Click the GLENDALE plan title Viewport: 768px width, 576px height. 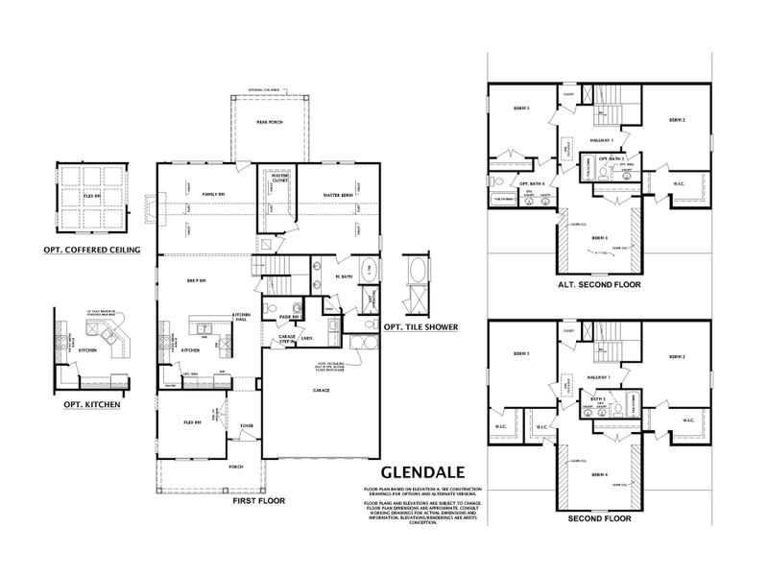(x=423, y=472)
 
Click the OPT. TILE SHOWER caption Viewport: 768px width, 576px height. (x=420, y=326)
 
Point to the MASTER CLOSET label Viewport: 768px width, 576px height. (x=279, y=177)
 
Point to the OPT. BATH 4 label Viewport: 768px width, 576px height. (x=532, y=183)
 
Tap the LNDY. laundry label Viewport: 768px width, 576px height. (x=310, y=338)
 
